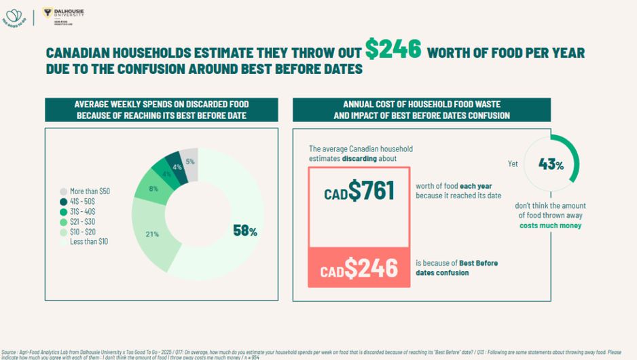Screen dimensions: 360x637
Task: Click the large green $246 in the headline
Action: [x=393, y=49]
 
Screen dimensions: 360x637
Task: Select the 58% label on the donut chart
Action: [x=244, y=231]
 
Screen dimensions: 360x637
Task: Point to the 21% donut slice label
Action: [x=152, y=234]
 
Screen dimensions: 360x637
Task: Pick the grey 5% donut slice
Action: [x=189, y=162]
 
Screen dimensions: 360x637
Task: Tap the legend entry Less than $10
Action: [x=89, y=242]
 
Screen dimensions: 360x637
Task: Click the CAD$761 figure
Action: [x=359, y=192]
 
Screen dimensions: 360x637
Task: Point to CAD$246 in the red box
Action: [x=359, y=269]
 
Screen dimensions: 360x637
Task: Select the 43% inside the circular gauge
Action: [x=551, y=164]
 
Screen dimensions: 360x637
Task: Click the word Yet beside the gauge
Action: [x=513, y=164]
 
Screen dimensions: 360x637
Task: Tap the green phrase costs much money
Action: [x=550, y=226]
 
